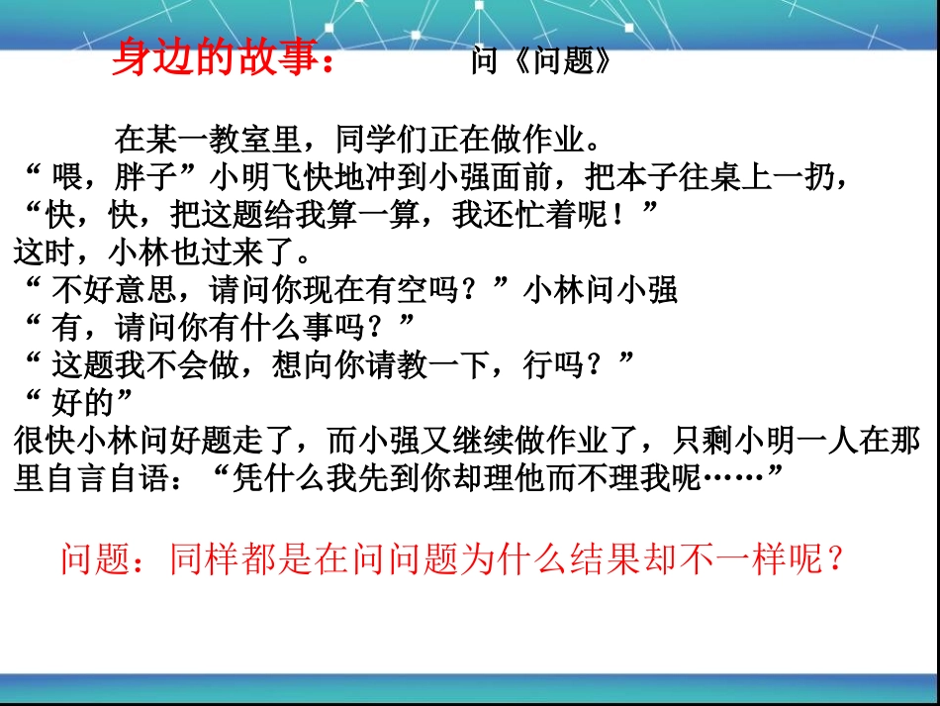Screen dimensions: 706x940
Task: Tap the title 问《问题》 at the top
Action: [x=542, y=63]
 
